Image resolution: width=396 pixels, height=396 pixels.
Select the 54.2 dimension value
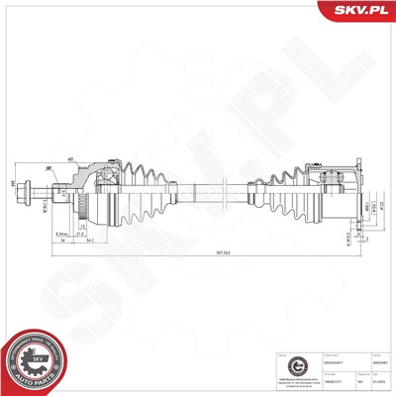point(90,240)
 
